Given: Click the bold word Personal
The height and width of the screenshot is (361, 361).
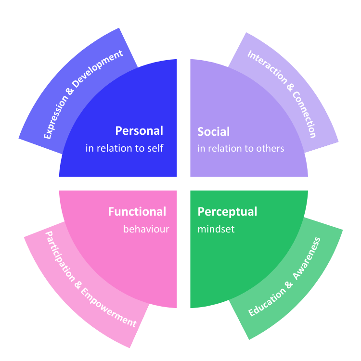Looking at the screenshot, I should (139, 131).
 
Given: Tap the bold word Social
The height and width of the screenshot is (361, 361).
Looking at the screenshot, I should (214, 131).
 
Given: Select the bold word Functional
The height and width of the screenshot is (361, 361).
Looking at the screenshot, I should (137, 212).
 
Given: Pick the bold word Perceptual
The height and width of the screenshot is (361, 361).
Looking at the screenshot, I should (227, 212).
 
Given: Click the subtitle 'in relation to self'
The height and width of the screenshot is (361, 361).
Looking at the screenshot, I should (124, 148).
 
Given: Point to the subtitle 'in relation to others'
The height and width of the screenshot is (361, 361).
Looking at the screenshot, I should (241, 148).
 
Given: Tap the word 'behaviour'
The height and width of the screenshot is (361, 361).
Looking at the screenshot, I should (146, 229).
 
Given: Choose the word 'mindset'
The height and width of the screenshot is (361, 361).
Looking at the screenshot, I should (216, 229).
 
